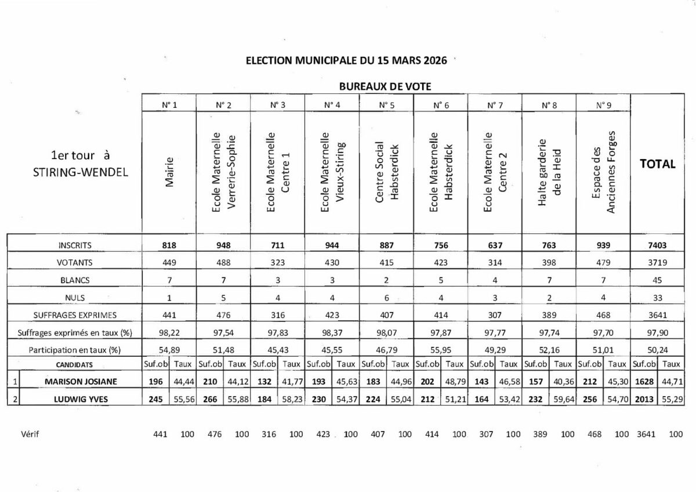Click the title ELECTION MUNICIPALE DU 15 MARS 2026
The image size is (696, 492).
[346, 61]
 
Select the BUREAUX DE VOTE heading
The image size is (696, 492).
[385, 86]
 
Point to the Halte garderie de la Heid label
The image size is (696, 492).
[549, 172]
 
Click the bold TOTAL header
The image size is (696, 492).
[657, 164]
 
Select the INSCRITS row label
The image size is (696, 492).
[75, 245]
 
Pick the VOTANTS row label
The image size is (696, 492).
[75, 263]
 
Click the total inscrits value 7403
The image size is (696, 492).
[657, 245]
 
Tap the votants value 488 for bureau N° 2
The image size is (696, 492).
[223, 263]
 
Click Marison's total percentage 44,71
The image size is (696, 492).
[671, 381]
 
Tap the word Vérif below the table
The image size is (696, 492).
[31, 434]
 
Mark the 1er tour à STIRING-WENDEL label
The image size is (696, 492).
[81, 164]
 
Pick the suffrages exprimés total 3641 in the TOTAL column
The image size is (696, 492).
[657, 315]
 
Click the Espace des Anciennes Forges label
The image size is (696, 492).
[603, 172]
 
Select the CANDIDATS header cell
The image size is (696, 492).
[75, 364]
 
